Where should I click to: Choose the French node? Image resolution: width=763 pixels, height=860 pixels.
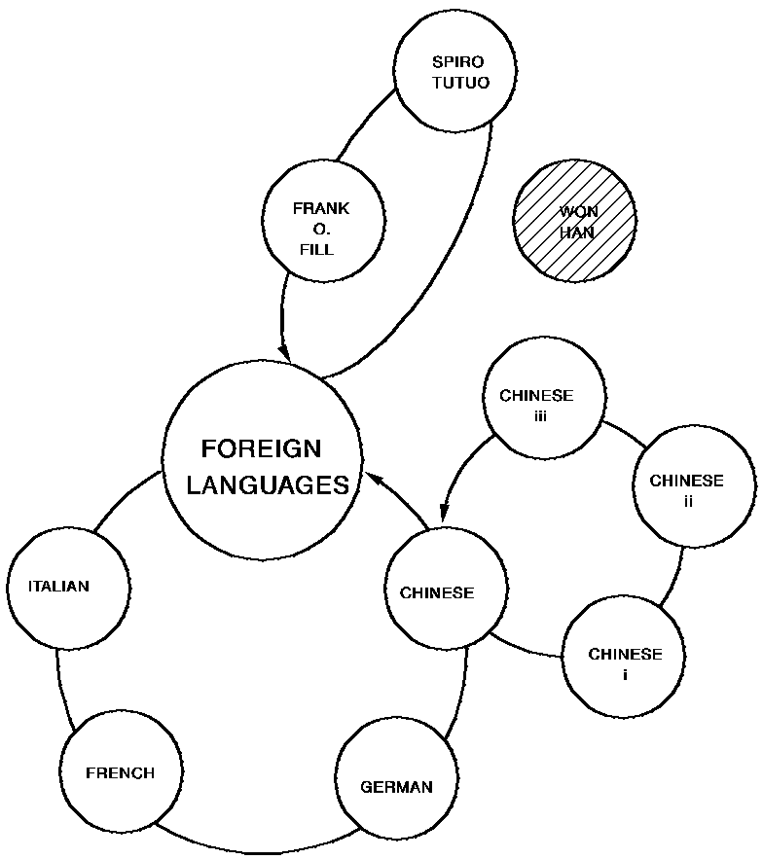(x=121, y=773)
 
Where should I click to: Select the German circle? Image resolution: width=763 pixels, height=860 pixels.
(x=396, y=786)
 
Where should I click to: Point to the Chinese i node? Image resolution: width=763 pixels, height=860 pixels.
(x=625, y=662)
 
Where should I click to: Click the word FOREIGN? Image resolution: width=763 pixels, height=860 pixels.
(x=261, y=449)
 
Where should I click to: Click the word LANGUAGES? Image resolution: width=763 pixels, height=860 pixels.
(x=268, y=484)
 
